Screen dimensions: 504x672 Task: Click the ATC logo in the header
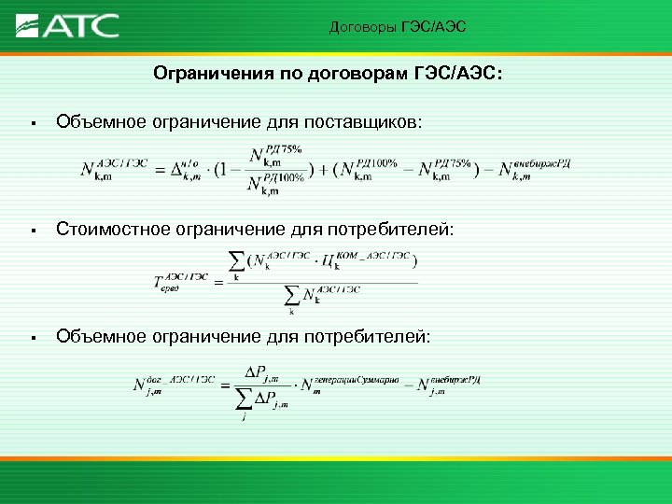coord(68,24)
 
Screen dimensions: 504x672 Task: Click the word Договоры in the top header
coord(362,27)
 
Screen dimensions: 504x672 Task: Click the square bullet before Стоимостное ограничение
coord(32,230)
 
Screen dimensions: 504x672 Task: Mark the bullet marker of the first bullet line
coord(32,123)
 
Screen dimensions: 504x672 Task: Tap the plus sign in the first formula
coord(321,170)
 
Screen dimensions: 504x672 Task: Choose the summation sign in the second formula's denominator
coord(292,298)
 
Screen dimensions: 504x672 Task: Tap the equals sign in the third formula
coord(224,384)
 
